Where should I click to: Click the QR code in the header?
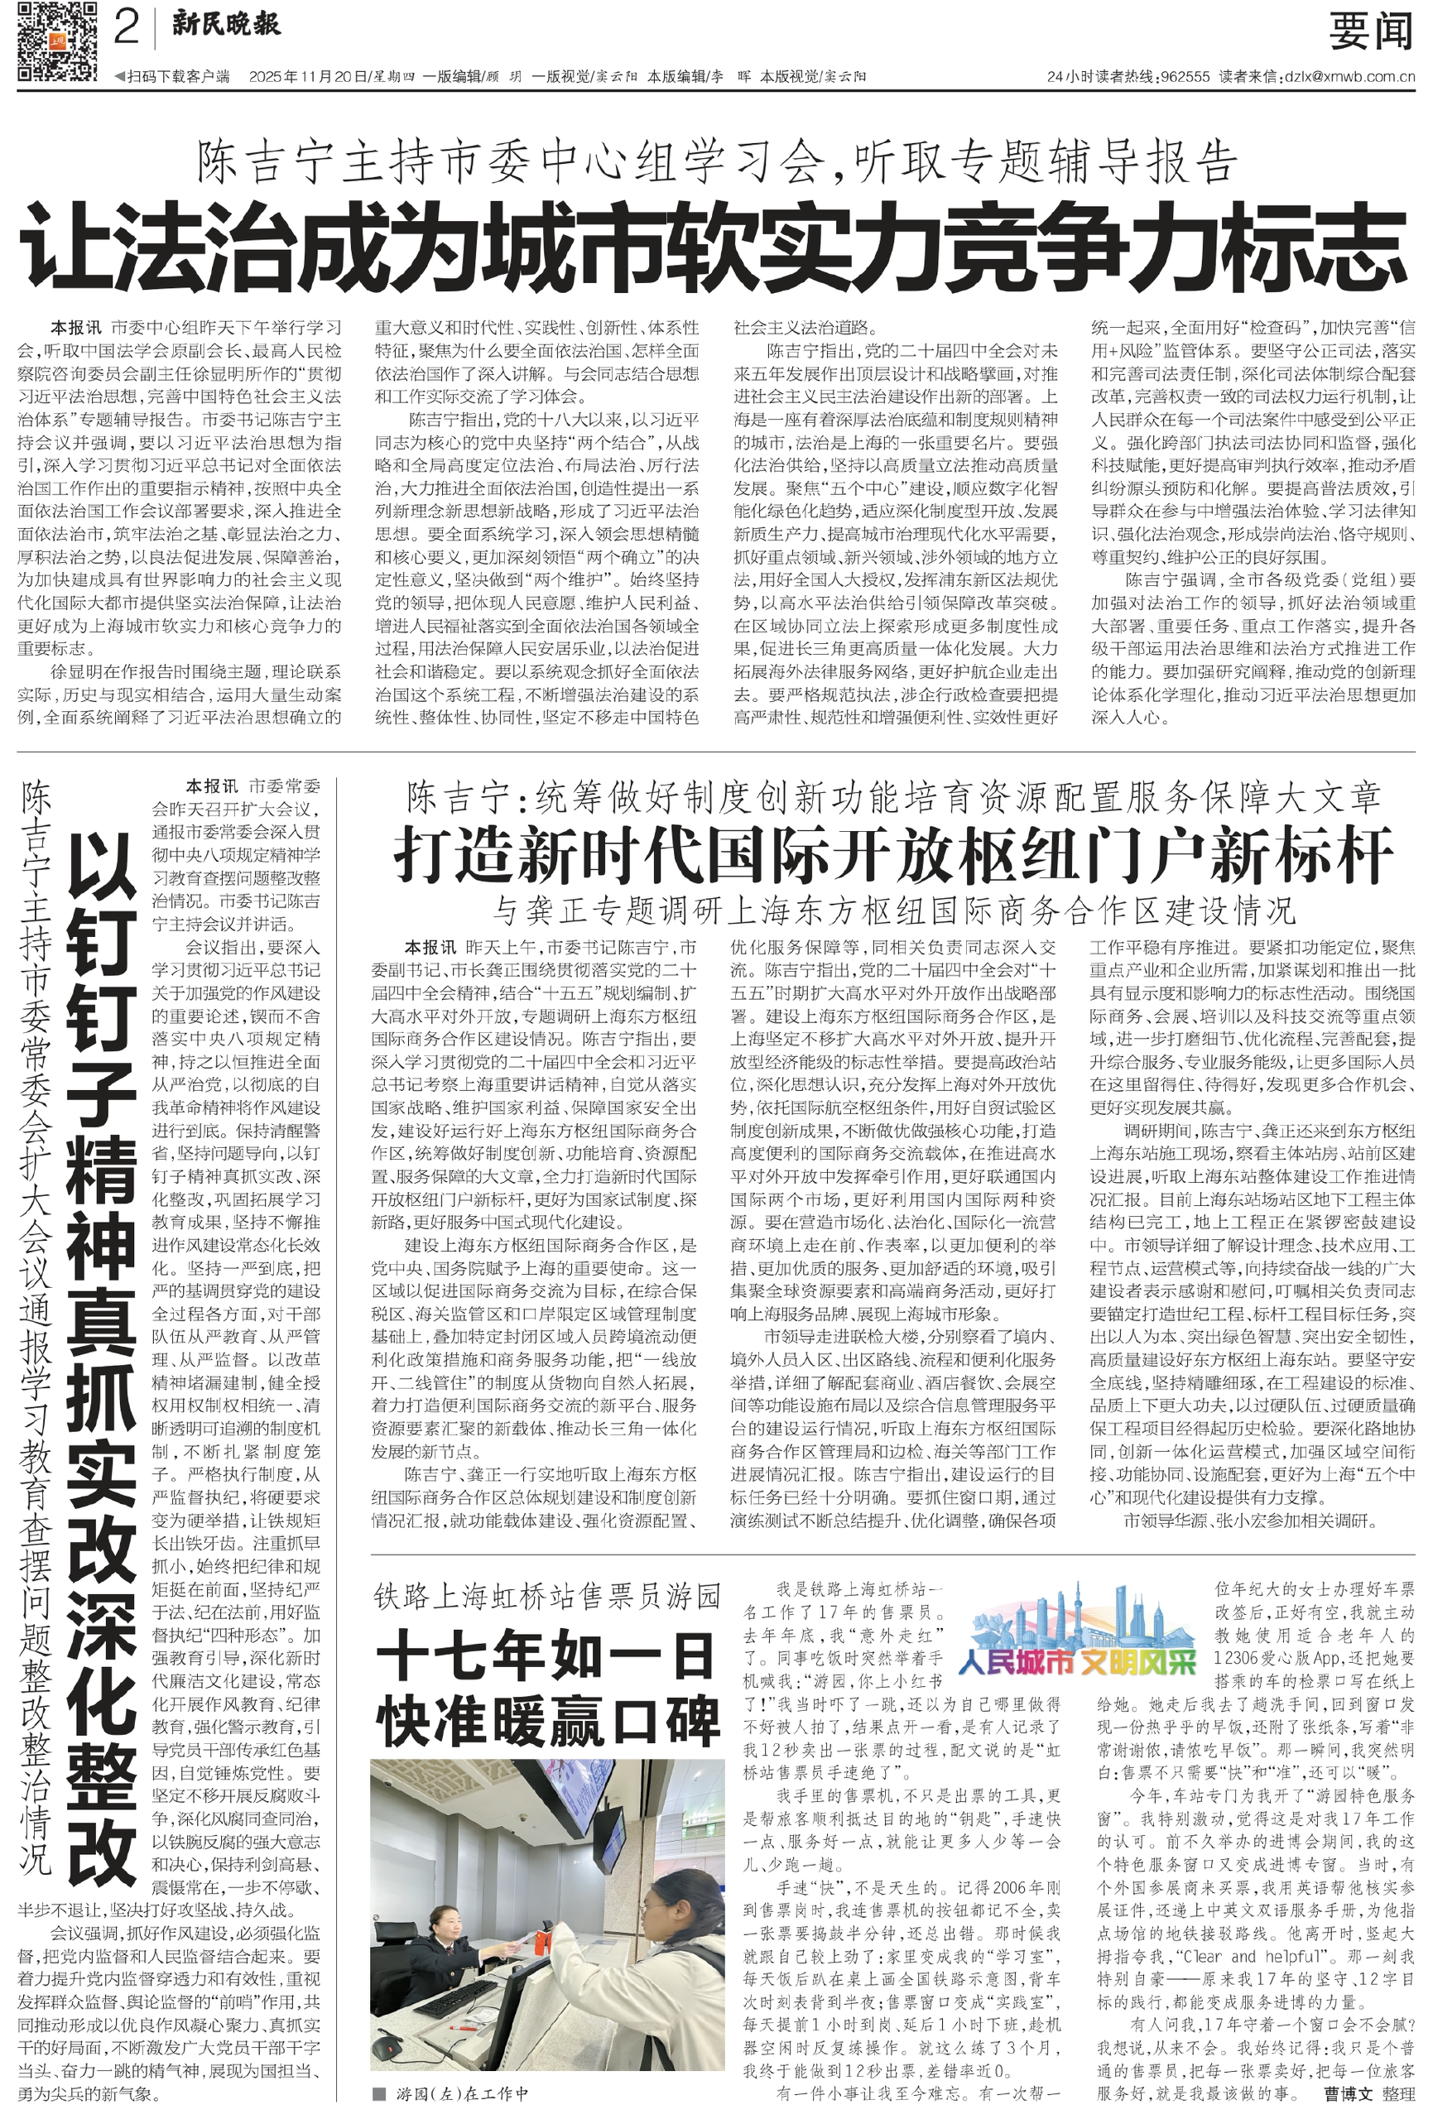56,43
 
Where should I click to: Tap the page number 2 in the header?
126,27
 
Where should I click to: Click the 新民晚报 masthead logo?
226,25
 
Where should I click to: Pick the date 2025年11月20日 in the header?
307,78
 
